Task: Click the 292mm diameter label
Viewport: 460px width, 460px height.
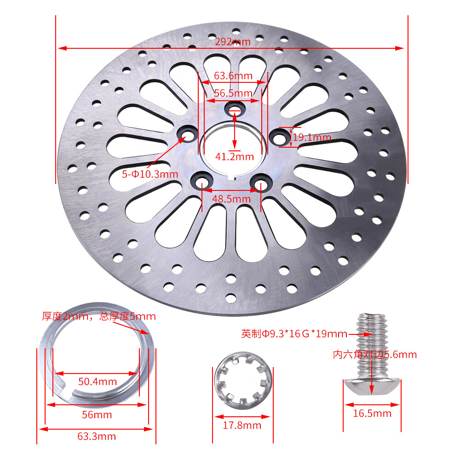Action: (x=233, y=41)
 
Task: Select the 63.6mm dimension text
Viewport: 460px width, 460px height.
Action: (x=233, y=75)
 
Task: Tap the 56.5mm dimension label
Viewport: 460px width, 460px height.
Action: (x=233, y=93)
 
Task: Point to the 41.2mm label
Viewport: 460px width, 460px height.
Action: (x=235, y=156)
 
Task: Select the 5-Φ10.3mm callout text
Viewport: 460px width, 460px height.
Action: (x=149, y=174)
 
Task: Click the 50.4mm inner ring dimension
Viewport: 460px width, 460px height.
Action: (x=98, y=381)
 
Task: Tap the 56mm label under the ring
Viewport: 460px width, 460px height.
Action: (x=97, y=414)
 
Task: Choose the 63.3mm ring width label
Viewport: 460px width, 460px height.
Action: (x=97, y=436)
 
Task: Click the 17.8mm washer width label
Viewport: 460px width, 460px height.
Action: (x=242, y=425)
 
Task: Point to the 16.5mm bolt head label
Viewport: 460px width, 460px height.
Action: (x=372, y=413)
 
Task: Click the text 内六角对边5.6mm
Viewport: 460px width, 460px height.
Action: (x=375, y=354)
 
